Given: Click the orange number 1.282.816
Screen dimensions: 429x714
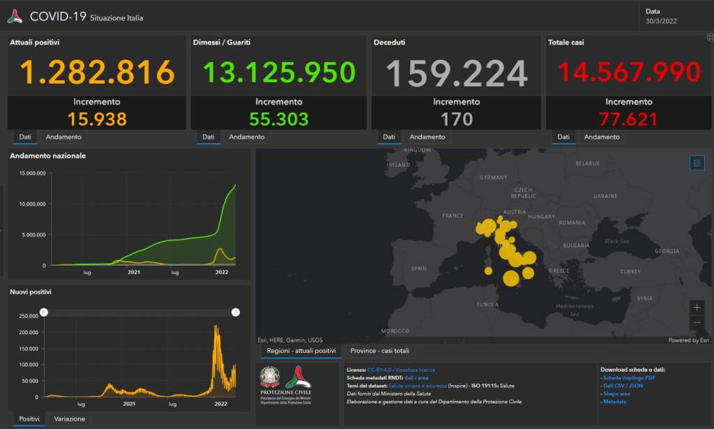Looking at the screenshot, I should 97,72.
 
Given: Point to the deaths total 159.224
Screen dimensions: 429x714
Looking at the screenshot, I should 457,73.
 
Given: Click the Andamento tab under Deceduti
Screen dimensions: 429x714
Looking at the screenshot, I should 427,137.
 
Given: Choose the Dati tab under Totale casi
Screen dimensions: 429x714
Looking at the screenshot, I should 563,137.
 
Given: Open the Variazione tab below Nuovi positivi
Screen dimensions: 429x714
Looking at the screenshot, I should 70,419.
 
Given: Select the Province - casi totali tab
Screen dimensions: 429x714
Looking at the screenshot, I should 380,350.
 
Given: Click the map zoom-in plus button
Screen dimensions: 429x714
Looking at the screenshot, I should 697,307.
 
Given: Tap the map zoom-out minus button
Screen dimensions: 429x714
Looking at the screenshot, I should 697,323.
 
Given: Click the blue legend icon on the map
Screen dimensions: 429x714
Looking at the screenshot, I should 697,163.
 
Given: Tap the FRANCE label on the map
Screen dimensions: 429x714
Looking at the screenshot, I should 453,216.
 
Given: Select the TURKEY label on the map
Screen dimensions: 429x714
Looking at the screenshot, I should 630,271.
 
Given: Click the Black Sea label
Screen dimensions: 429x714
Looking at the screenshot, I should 616,241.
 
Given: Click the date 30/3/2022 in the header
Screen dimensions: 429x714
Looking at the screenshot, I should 661,21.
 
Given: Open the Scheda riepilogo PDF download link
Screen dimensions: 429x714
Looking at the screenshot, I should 628,377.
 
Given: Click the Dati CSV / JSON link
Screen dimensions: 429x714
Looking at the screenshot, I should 623,386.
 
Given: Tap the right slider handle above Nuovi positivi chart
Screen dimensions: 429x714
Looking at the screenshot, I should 236,313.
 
